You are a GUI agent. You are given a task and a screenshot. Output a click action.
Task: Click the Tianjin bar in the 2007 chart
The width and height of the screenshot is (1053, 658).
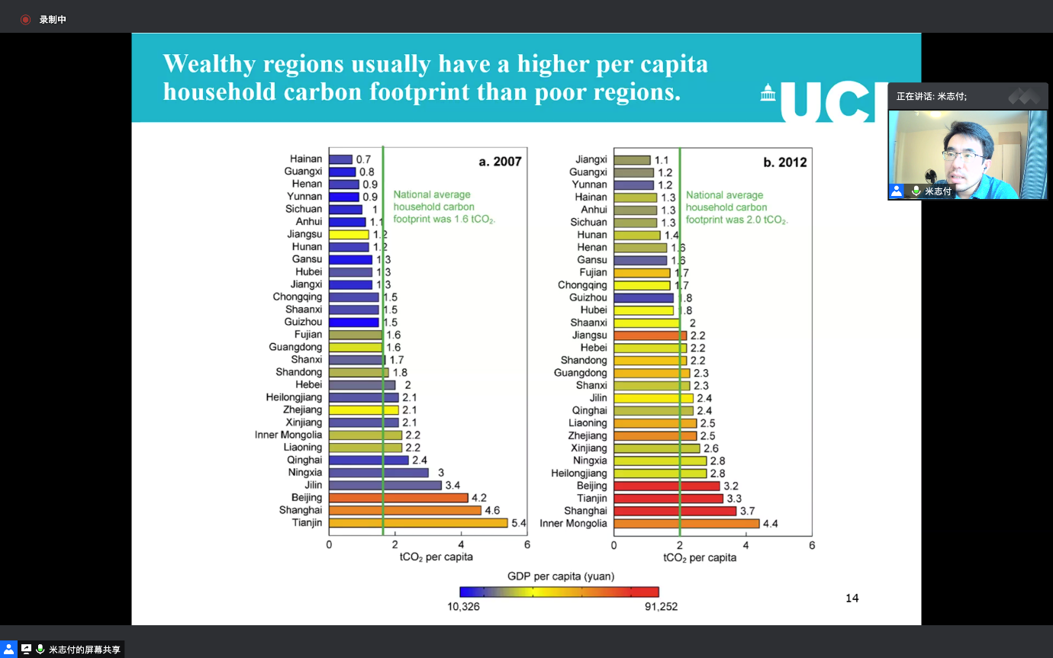click(x=418, y=523)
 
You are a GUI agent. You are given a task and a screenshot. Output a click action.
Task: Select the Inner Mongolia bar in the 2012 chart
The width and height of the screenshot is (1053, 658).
click(x=687, y=524)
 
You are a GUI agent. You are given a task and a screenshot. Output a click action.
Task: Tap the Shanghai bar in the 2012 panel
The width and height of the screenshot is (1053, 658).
click(x=675, y=511)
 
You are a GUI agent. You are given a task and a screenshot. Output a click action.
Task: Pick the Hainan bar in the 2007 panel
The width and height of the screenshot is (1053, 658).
click(x=341, y=159)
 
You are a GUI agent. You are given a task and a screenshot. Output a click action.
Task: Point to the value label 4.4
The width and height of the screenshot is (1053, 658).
click(x=770, y=524)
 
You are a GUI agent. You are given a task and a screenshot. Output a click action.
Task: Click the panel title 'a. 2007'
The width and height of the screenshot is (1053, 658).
click(x=500, y=162)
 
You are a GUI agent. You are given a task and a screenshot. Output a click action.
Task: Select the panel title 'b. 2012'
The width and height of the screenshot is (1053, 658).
click(x=785, y=162)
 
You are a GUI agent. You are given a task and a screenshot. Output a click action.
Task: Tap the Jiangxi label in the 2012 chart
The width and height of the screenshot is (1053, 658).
click(x=591, y=160)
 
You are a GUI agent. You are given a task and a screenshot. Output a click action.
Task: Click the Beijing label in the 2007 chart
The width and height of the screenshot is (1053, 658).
click(x=307, y=498)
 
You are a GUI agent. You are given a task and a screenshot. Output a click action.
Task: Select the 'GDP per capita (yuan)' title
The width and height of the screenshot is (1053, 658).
click(x=561, y=576)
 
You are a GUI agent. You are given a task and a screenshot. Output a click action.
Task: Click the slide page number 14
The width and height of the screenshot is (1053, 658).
click(x=852, y=599)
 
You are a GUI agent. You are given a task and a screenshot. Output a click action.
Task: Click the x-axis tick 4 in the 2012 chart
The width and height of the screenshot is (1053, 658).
click(x=745, y=545)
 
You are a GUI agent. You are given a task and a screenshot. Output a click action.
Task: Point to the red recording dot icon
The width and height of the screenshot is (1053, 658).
click(x=25, y=19)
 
